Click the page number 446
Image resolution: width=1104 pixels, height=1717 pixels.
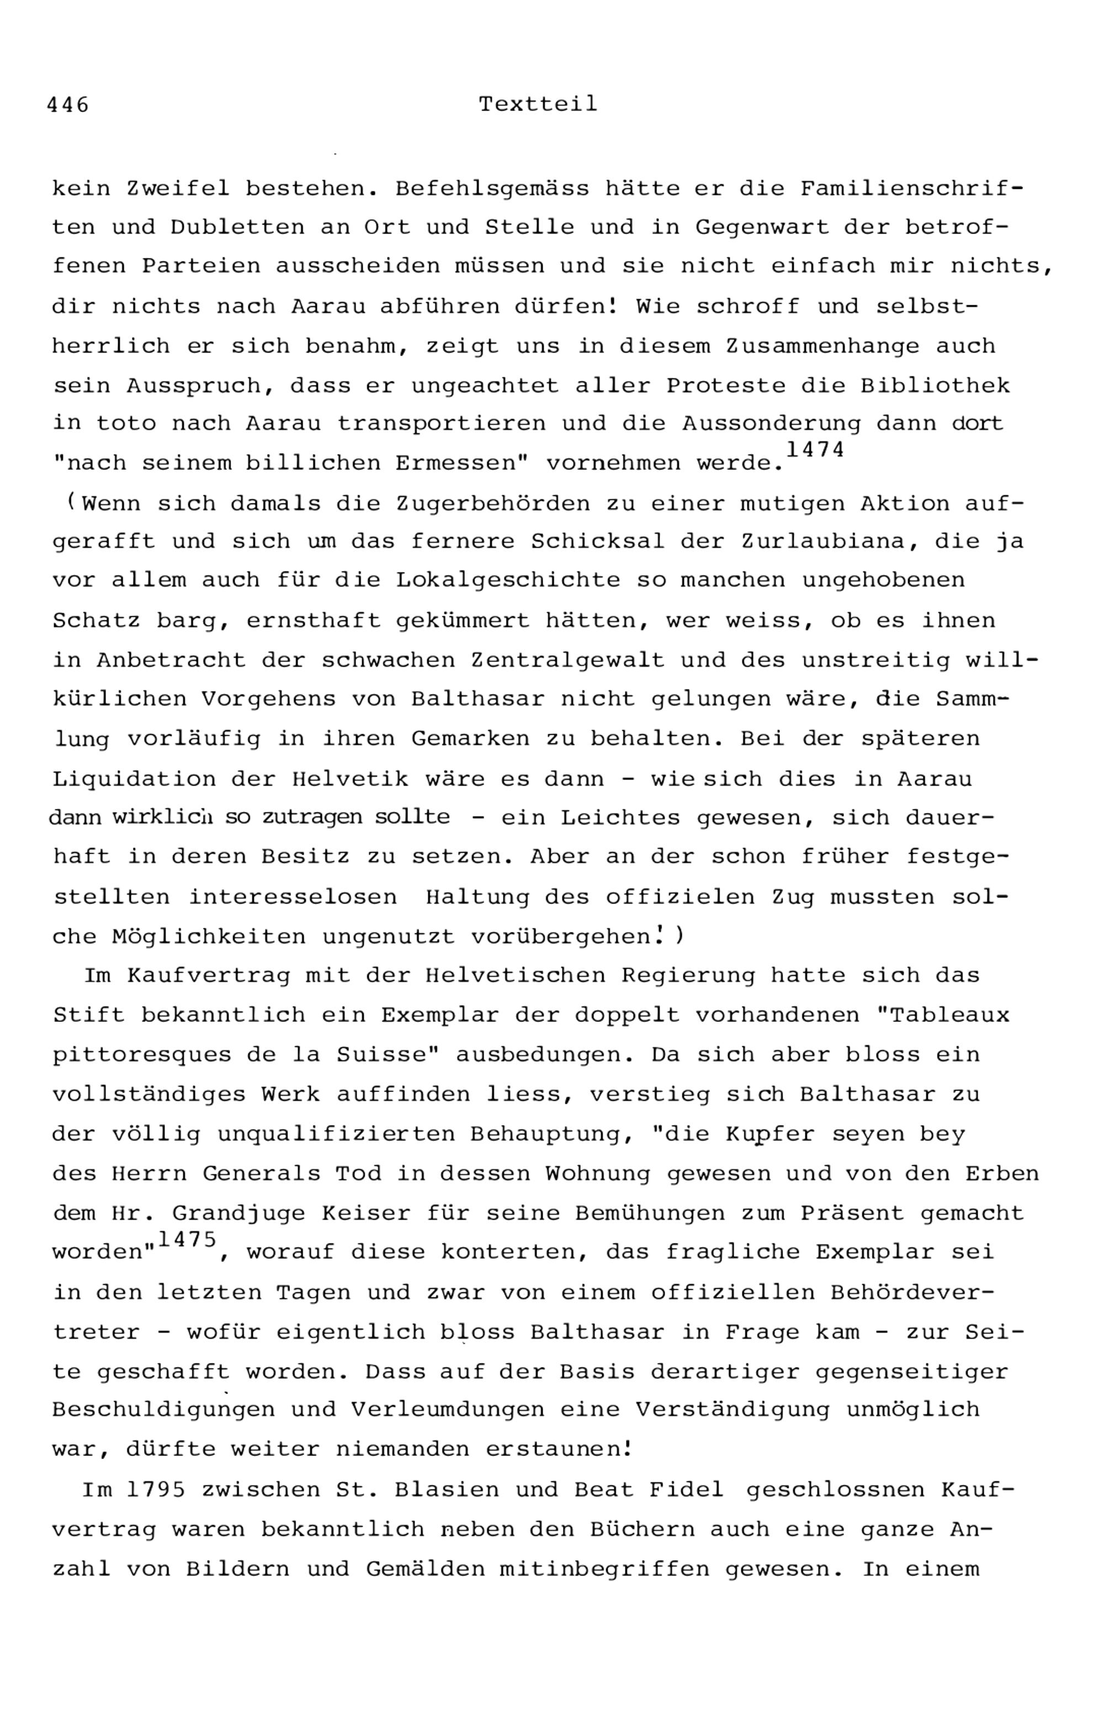67,105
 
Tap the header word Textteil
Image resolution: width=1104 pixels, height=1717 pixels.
538,105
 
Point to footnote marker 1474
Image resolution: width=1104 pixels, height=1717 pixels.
815,449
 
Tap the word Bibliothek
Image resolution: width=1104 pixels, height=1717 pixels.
935,386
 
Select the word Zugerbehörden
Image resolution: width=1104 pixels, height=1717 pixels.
493,504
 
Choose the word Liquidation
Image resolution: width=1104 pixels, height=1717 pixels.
134,780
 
